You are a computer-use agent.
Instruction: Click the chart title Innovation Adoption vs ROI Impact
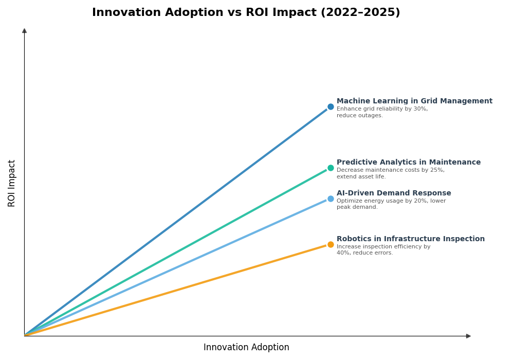pos(246,12)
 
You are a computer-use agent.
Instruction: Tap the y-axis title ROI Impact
pos(12,183)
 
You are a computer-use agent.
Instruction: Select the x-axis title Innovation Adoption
pos(246,348)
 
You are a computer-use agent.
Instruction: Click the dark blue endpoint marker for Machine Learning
pos(331,107)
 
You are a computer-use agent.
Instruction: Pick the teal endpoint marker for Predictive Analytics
pos(331,168)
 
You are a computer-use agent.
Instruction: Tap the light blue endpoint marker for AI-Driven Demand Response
pos(331,199)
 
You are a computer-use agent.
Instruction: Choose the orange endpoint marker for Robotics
pos(331,245)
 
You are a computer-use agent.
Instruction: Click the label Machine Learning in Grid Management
pos(414,101)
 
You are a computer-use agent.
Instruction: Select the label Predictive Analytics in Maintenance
pos(409,163)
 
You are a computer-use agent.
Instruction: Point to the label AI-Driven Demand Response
pos(394,193)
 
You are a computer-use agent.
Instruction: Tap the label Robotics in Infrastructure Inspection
pos(411,239)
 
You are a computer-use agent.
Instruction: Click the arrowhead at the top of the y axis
pos(24,31)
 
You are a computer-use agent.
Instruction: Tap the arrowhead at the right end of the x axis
pos(468,336)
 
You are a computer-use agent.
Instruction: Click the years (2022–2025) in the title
pos(360,12)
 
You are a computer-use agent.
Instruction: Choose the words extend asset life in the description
pos(361,177)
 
